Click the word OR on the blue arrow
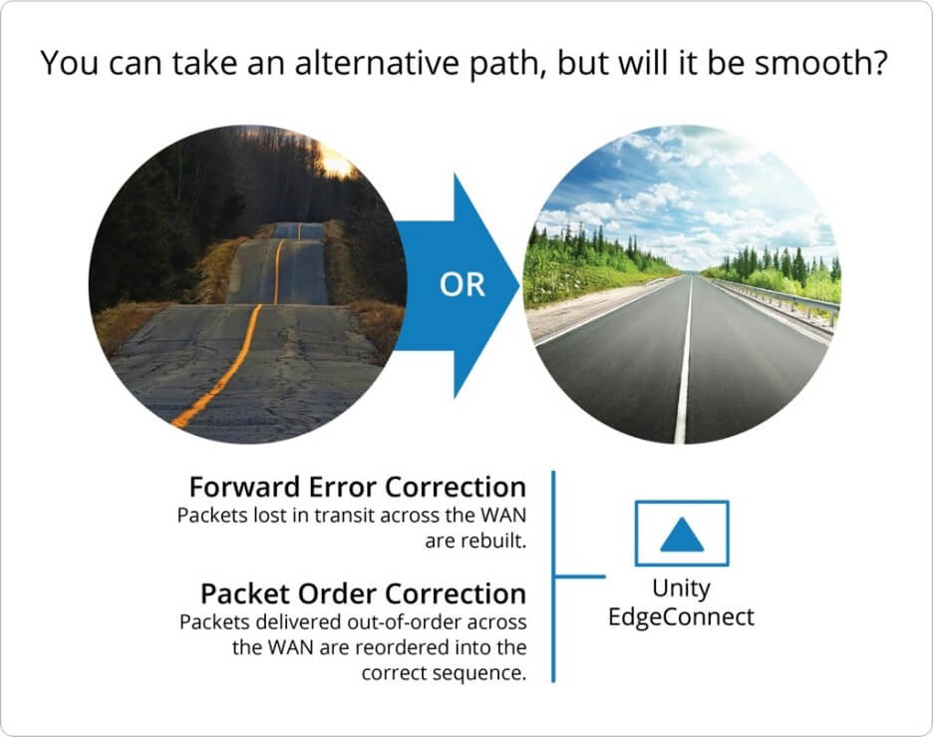pyautogui.click(x=463, y=284)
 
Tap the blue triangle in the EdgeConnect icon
pyautogui.click(x=682, y=535)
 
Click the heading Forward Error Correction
pyautogui.click(x=358, y=487)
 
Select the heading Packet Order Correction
pyautogui.click(x=363, y=593)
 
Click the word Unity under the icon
pyautogui.click(x=681, y=589)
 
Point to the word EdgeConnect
pyautogui.click(x=681, y=616)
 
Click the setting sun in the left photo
pyautogui.click(x=336, y=163)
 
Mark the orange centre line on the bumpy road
pyautogui.click(x=238, y=357)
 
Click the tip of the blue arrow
pyautogui.click(x=519, y=285)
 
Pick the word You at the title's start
pyautogui.click(x=70, y=62)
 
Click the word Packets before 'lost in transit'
pyautogui.click(x=212, y=515)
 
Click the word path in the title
pyautogui.click(x=503, y=63)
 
